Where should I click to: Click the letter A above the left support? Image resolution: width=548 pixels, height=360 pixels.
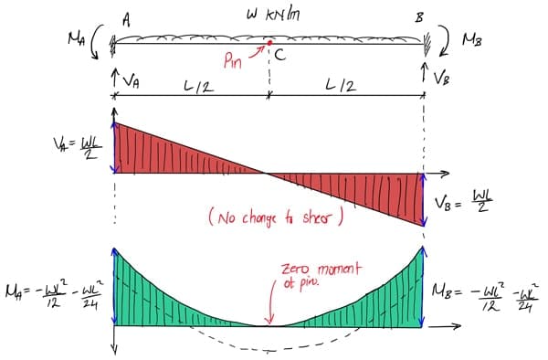click(x=125, y=17)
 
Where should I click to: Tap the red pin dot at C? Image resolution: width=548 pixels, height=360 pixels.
click(x=269, y=43)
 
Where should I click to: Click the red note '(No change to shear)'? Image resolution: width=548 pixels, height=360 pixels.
click(x=275, y=218)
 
